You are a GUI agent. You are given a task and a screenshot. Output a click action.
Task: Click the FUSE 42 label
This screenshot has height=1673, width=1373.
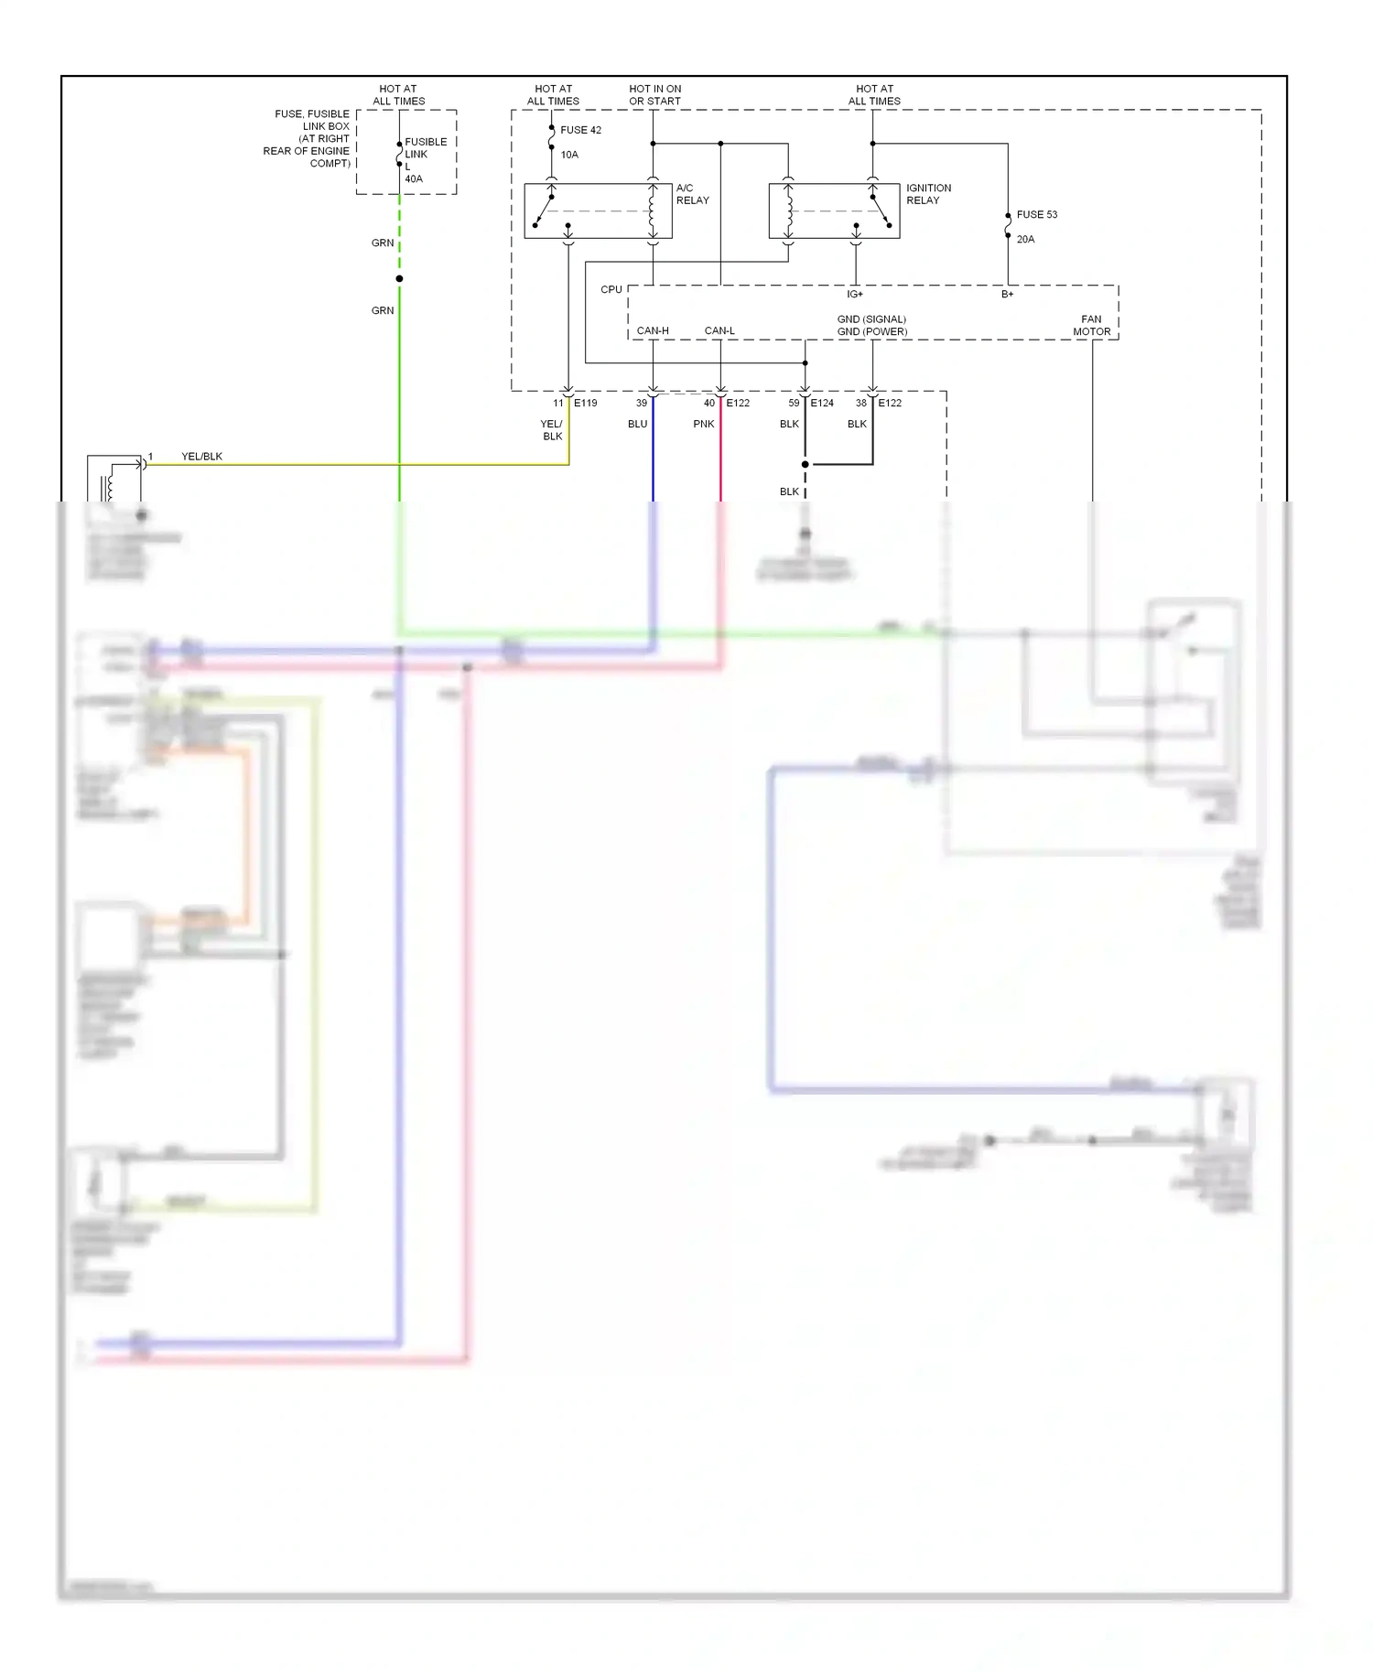click(x=580, y=130)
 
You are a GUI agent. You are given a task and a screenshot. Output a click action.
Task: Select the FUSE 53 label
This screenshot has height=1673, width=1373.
click(x=1036, y=214)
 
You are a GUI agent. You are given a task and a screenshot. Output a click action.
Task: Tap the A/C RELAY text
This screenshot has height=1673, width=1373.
click(x=692, y=194)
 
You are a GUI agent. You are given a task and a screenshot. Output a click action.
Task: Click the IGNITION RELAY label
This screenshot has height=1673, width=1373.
click(x=928, y=194)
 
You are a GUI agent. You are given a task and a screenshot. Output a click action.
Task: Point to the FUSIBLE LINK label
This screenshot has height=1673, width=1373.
click(x=426, y=148)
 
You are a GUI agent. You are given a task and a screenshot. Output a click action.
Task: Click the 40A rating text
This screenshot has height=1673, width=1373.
click(x=414, y=179)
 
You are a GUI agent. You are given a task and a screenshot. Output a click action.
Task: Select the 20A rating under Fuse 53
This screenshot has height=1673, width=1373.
click(x=1025, y=239)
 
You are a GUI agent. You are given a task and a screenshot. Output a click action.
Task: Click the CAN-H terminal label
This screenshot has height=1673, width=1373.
click(x=653, y=330)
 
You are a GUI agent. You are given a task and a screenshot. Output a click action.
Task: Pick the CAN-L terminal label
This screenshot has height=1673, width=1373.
click(x=719, y=330)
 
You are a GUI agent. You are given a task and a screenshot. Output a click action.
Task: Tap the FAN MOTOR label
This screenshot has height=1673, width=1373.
click(x=1091, y=326)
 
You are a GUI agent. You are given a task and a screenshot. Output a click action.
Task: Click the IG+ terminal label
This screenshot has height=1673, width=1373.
click(x=854, y=294)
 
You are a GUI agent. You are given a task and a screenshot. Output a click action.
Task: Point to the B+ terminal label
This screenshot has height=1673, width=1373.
click(x=1007, y=294)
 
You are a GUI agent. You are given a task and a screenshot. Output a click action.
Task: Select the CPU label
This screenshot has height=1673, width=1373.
click(x=611, y=289)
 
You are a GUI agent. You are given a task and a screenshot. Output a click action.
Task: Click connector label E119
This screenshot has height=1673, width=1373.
click(x=585, y=403)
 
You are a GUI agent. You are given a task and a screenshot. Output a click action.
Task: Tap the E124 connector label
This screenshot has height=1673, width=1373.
click(x=821, y=403)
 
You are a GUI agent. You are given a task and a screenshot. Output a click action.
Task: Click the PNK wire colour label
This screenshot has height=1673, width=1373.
click(x=703, y=424)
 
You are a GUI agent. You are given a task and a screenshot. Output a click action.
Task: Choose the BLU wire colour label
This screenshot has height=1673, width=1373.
click(x=637, y=424)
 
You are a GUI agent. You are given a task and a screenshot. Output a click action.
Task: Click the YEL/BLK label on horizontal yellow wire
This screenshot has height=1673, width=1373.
click(x=201, y=456)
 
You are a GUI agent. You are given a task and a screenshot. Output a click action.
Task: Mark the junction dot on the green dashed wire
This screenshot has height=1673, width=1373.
click(x=399, y=278)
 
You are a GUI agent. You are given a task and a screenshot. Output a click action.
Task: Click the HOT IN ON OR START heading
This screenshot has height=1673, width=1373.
click(x=654, y=95)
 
